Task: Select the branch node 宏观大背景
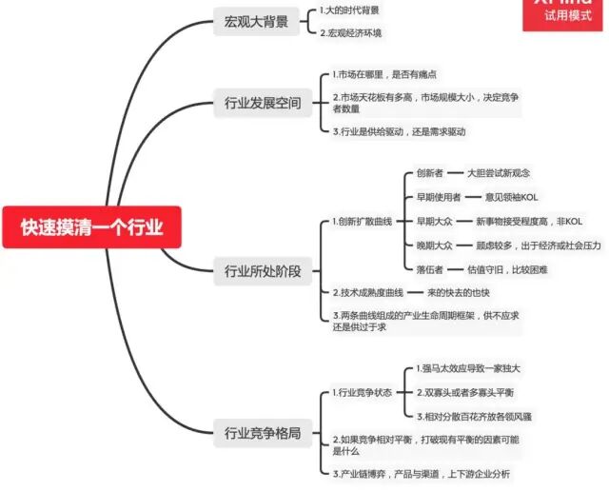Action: (256, 22)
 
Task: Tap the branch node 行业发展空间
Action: (262, 103)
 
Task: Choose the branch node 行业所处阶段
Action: (262, 271)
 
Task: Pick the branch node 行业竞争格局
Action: (262, 433)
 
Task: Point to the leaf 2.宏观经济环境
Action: (351, 33)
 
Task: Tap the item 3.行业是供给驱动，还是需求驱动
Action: (400, 131)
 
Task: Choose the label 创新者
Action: (431, 173)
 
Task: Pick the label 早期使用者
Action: (438, 197)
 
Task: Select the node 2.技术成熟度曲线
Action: (367, 292)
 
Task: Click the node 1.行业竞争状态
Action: (363, 392)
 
